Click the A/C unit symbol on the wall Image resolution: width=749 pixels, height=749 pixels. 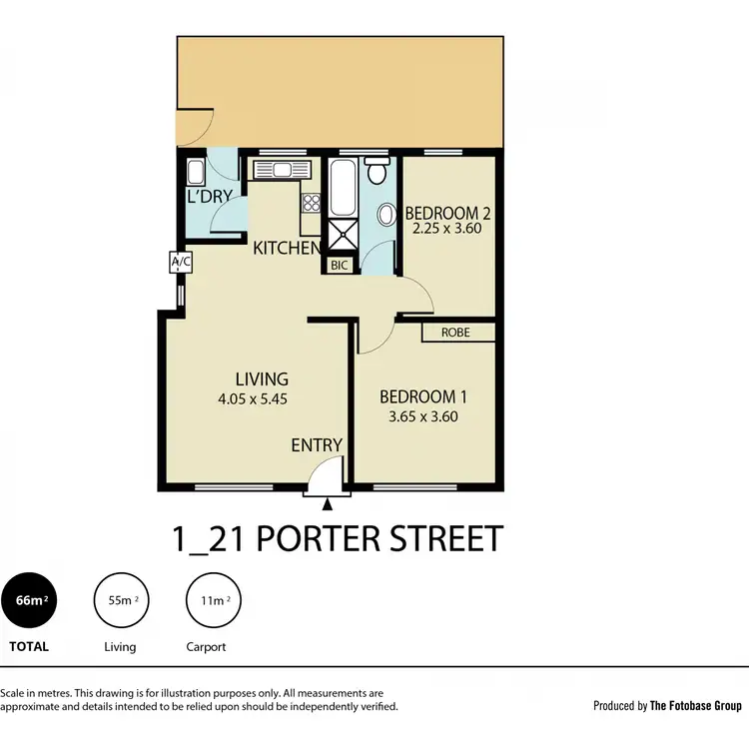pos(181,263)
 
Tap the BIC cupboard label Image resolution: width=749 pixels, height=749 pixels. pos(340,267)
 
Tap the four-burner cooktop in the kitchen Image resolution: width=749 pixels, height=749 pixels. pos(311,204)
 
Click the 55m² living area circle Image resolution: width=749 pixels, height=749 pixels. pos(120,600)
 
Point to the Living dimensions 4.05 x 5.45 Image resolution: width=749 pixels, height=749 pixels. pos(261,397)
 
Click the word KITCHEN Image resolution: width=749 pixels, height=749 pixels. pos(287,248)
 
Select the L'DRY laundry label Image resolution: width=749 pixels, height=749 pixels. pos(211,197)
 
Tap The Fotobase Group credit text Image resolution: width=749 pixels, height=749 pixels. pos(695,706)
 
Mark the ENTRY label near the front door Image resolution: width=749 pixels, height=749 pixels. pos(317,445)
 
